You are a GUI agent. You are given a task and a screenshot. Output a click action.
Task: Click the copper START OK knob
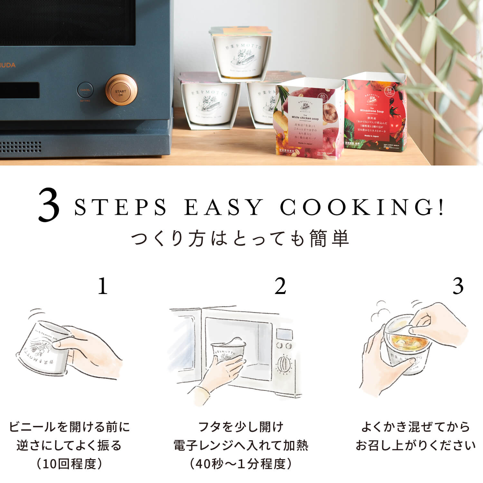coord(121,90)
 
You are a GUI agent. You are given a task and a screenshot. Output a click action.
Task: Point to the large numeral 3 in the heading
coord(49,206)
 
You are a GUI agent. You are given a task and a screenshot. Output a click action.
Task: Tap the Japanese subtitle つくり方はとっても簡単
coord(241,239)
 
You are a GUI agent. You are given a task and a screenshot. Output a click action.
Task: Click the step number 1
coord(102,286)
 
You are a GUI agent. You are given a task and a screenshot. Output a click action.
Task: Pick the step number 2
coord(280,286)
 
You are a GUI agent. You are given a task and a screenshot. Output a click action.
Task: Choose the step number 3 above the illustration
coord(458,286)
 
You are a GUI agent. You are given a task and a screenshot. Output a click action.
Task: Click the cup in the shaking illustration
coord(42,349)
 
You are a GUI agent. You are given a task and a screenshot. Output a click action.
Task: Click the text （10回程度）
coord(69,464)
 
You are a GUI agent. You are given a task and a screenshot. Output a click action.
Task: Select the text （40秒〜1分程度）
coord(241,464)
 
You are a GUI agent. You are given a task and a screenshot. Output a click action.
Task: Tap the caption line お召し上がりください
coord(415,445)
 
